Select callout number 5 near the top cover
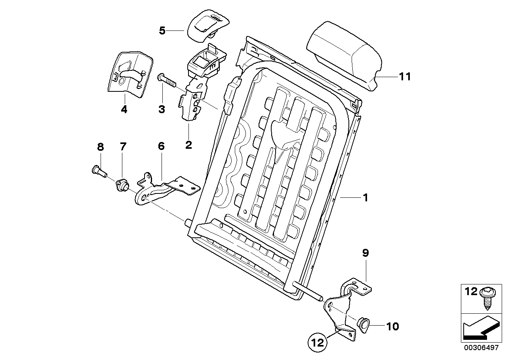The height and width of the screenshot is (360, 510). coord(162,30)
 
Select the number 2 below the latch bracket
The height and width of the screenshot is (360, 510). coord(188,145)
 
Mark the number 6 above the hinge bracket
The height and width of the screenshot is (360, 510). coord(161,146)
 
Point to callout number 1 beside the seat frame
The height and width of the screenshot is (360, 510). coord(365,197)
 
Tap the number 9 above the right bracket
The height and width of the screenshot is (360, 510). coord(365,252)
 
